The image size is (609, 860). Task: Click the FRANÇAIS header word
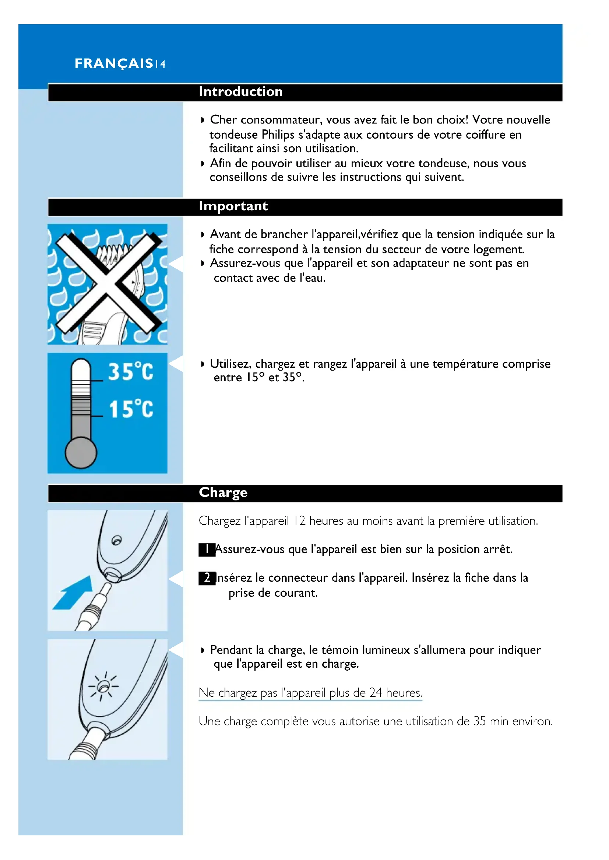tap(114, 64)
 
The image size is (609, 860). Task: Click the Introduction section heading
tap(240, 92)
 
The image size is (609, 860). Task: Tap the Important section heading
tap(233, 206)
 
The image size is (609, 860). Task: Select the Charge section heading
tap(223, 493)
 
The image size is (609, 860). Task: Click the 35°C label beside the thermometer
tap(130, 372)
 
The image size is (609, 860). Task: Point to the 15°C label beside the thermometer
tap(131, 408)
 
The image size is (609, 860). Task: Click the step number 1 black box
tap(207, 549)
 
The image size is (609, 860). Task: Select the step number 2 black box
tap(207, 578)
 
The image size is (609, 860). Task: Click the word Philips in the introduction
tap(278, 135)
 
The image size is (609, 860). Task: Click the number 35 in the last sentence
tap(479, 721)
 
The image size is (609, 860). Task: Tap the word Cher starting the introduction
tap(223, 120)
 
